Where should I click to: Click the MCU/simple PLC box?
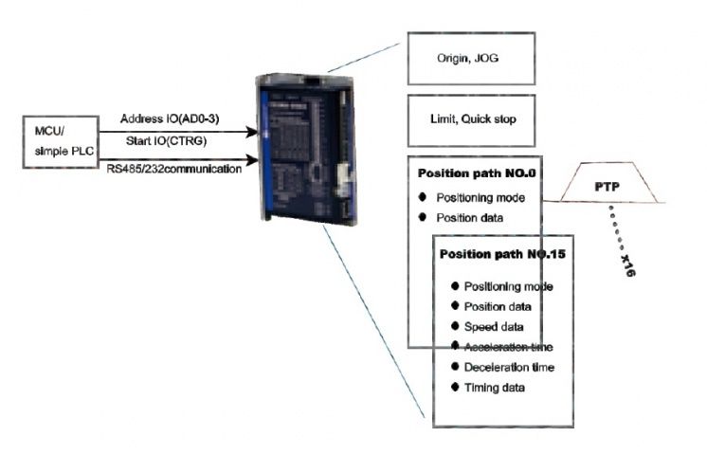[61, 142]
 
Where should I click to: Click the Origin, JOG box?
[471, 59]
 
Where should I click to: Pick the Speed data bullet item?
[497, 326]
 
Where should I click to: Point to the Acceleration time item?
[509, 346]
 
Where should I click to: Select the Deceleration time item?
[509, 367]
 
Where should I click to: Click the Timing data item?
[494, 387]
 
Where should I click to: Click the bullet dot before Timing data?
[456, 387]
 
